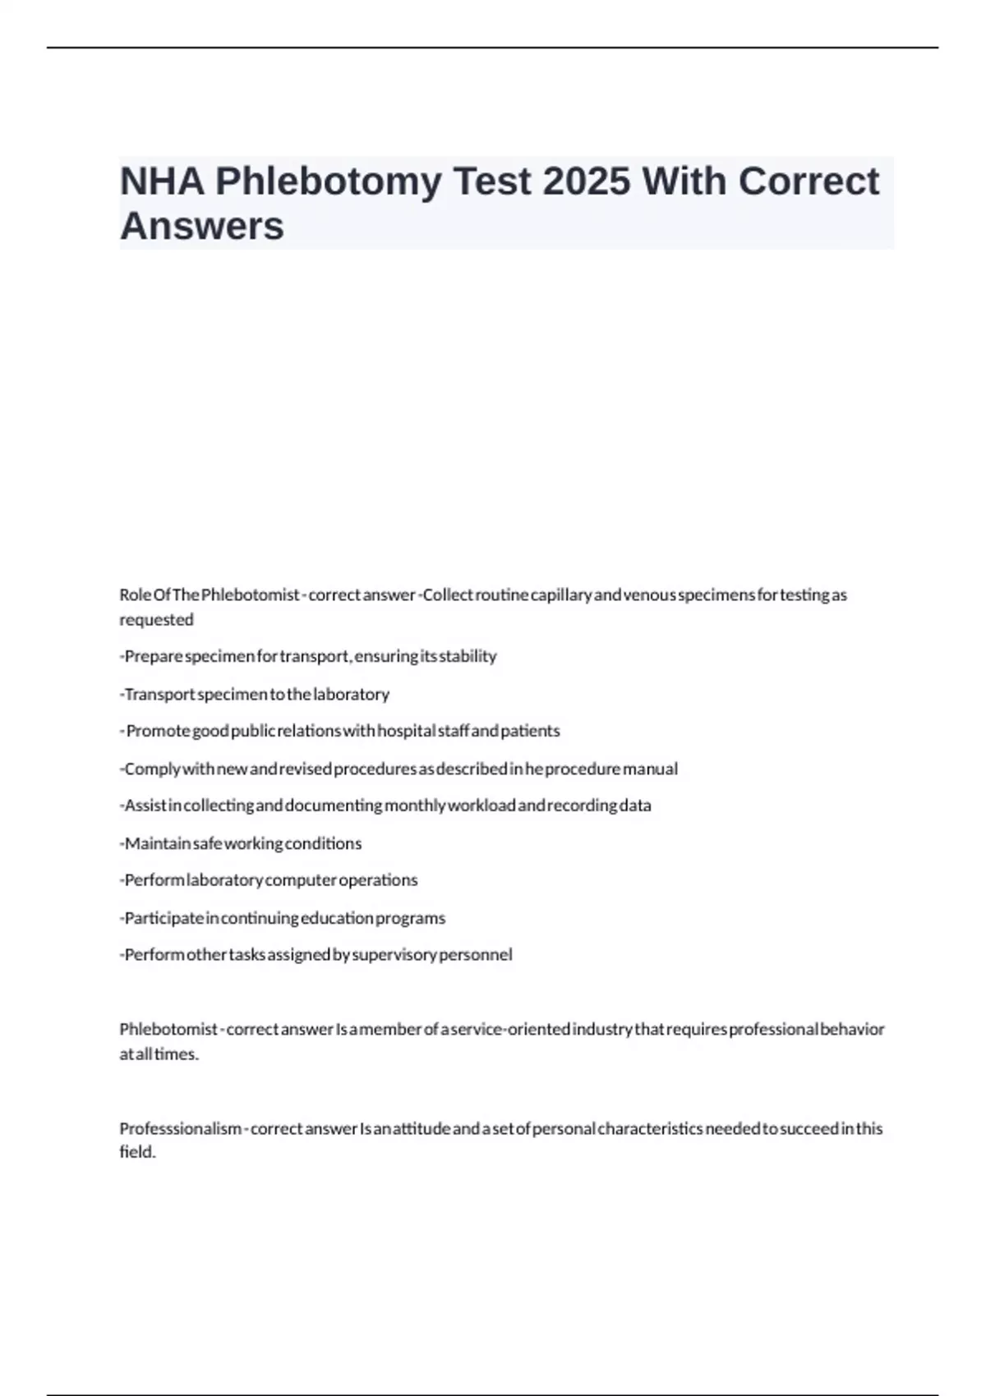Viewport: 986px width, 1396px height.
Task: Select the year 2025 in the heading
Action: [x=587, y=181]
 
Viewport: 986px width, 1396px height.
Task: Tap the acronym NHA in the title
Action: [x=162, y=181]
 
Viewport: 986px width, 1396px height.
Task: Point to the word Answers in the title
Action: [x=202, y=226]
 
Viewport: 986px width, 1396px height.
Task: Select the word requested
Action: [x=156, y=620]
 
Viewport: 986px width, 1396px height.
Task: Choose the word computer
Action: [x=301, y=880]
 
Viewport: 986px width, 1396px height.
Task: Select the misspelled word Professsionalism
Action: [x=181, y=1129]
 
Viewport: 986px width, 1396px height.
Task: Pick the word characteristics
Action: [x=650, y=1129]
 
